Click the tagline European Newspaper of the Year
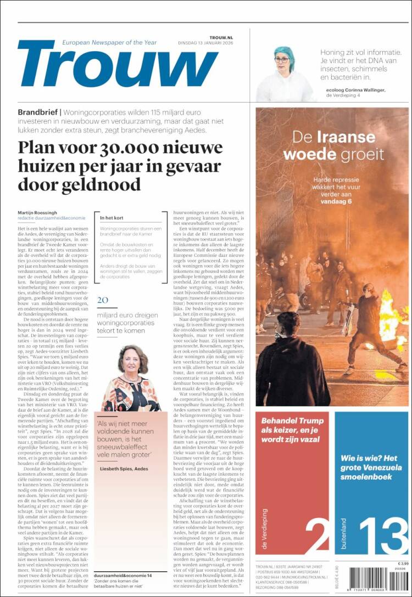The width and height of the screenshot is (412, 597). pyautogui.click(x=109, y=42)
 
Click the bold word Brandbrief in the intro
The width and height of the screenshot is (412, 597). pyautogui.click(x=38, y=112)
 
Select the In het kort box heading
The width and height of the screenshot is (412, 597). pyautogui.click(x=112, y=218)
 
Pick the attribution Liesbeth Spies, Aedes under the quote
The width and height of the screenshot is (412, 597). pyautogui.click(x=124, y=469)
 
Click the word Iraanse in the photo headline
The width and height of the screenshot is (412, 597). pyautogui.click(x=349, y=137)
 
